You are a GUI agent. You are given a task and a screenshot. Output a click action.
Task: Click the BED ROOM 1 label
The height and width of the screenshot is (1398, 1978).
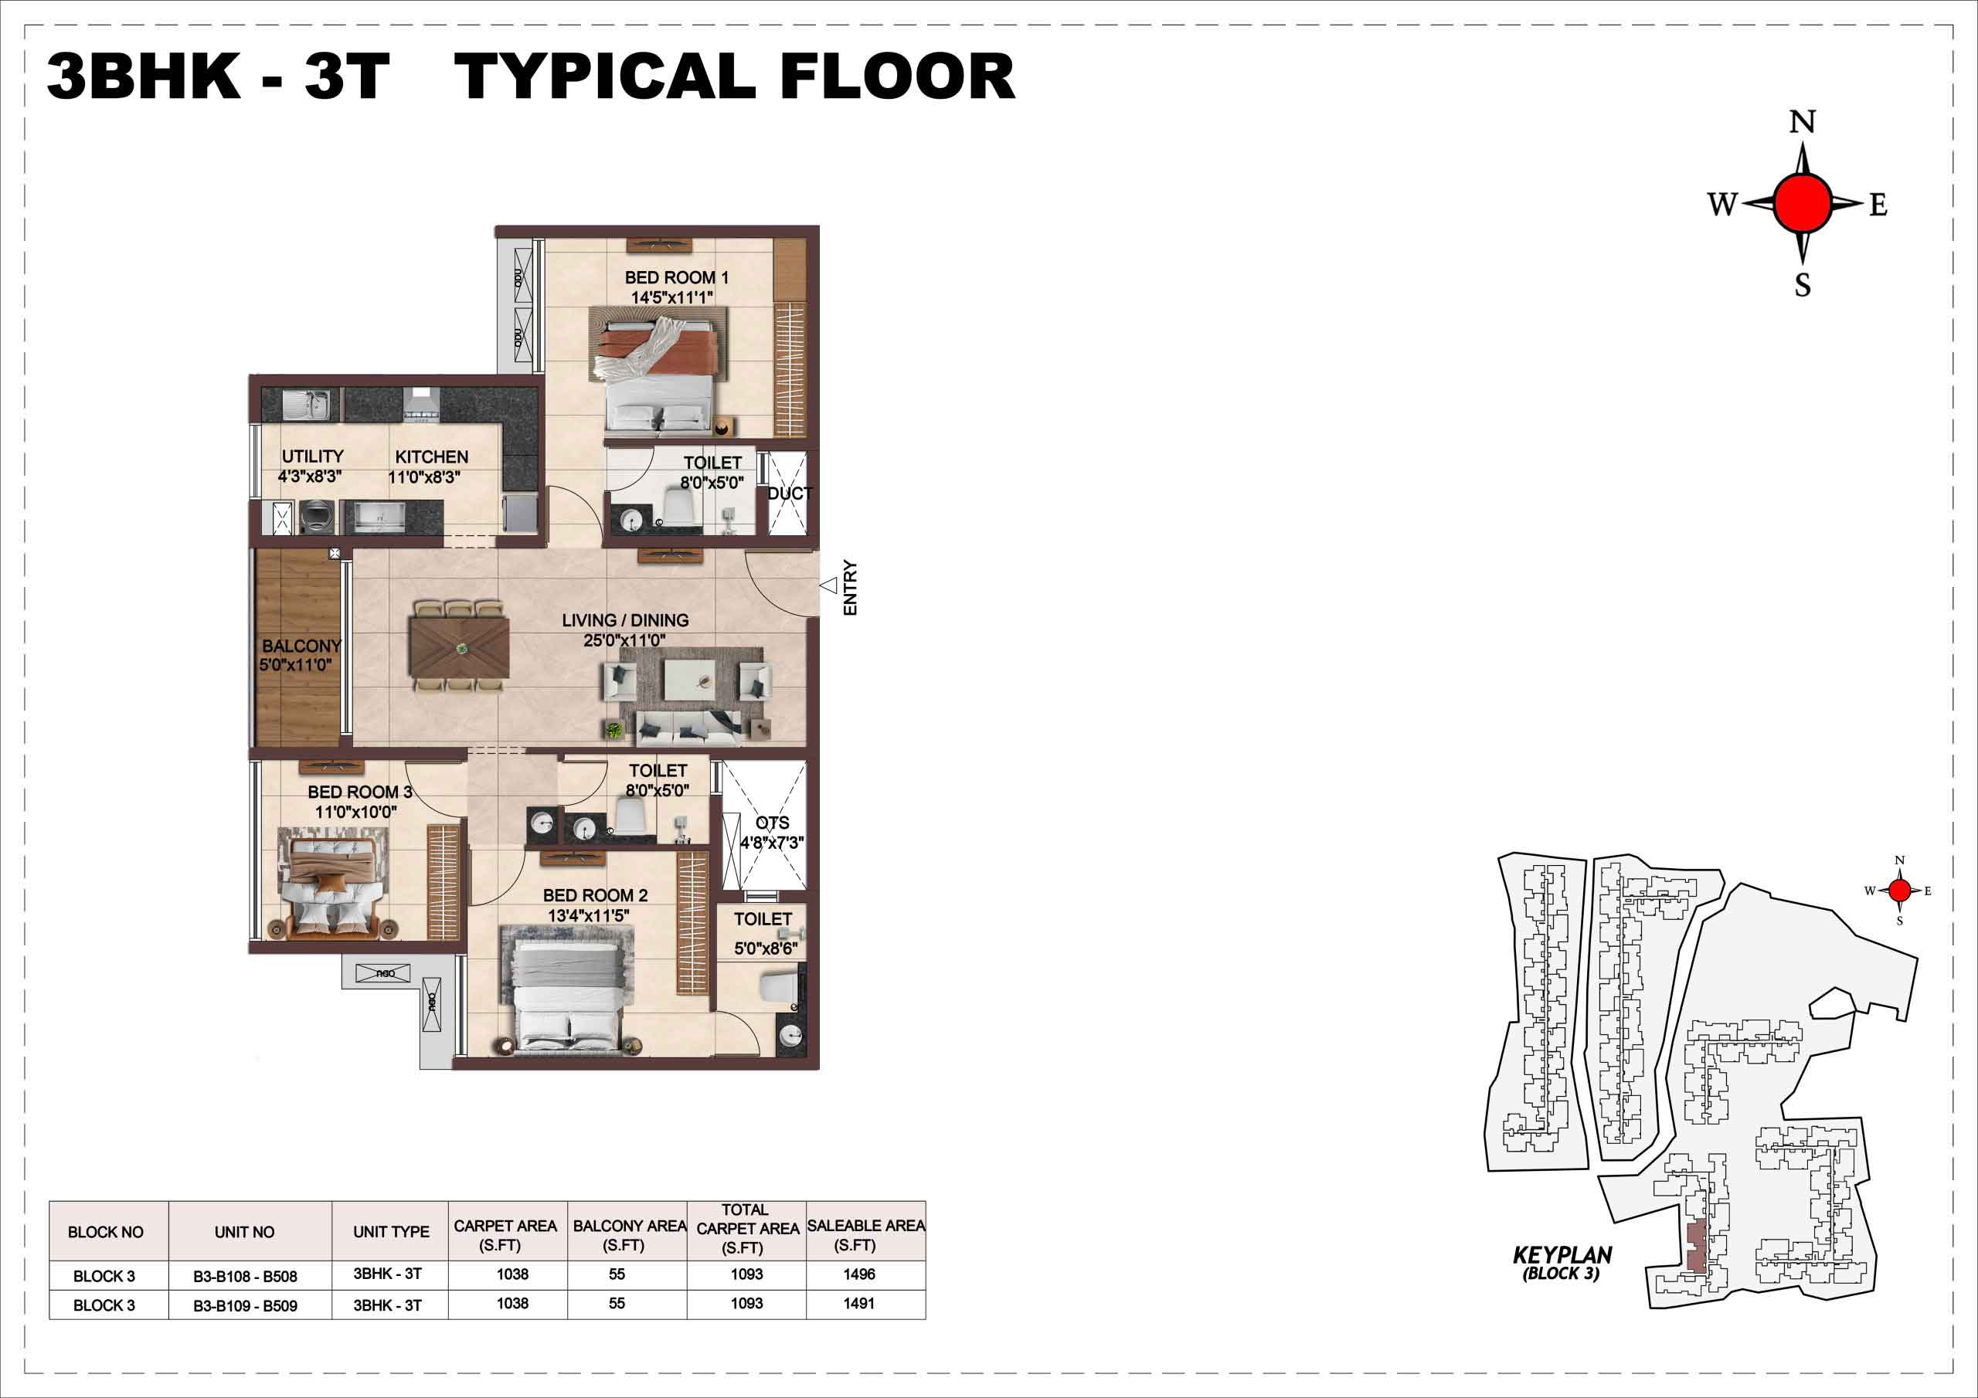676,277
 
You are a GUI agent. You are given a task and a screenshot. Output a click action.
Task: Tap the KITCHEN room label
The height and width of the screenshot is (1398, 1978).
432,456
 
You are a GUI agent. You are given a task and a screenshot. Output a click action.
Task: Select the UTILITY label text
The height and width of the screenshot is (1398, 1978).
312,456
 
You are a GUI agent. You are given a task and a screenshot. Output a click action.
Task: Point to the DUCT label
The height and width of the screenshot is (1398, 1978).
790,494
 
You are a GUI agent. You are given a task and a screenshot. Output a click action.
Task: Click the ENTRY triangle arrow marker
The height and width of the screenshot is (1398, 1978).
829,585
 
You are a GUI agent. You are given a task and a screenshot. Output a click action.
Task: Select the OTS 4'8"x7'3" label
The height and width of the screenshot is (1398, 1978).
773,833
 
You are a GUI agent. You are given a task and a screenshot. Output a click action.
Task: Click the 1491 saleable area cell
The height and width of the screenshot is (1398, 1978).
859,1303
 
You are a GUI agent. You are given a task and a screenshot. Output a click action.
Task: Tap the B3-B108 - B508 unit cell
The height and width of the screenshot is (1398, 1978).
246,1277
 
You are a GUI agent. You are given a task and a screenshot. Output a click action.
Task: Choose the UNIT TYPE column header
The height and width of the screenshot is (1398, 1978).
391,1232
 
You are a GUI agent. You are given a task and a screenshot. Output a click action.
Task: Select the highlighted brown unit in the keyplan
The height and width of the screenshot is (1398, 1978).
1695,1247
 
